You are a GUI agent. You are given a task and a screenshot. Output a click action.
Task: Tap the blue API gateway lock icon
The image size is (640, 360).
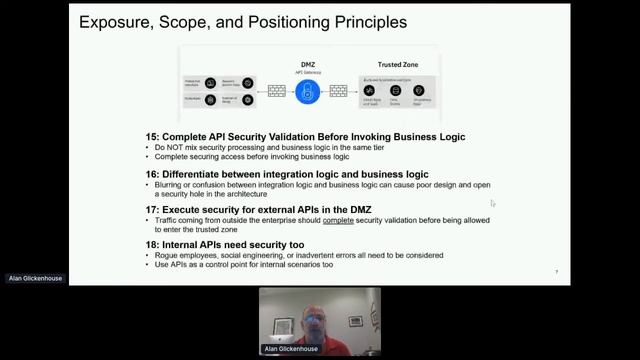pyautogui.click(x=307, y=91)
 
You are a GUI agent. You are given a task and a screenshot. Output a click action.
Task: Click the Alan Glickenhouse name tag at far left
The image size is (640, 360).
pyautogui.click(x=35, y=278)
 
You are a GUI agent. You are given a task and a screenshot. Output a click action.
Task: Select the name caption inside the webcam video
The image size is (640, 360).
pyautogui.click(x=291, y=349)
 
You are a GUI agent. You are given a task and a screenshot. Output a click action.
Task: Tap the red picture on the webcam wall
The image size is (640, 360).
pyautogui.click(x=356, y=321)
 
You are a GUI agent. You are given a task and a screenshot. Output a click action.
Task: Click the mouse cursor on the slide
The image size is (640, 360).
pyautogui.click(x=492, y=203)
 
